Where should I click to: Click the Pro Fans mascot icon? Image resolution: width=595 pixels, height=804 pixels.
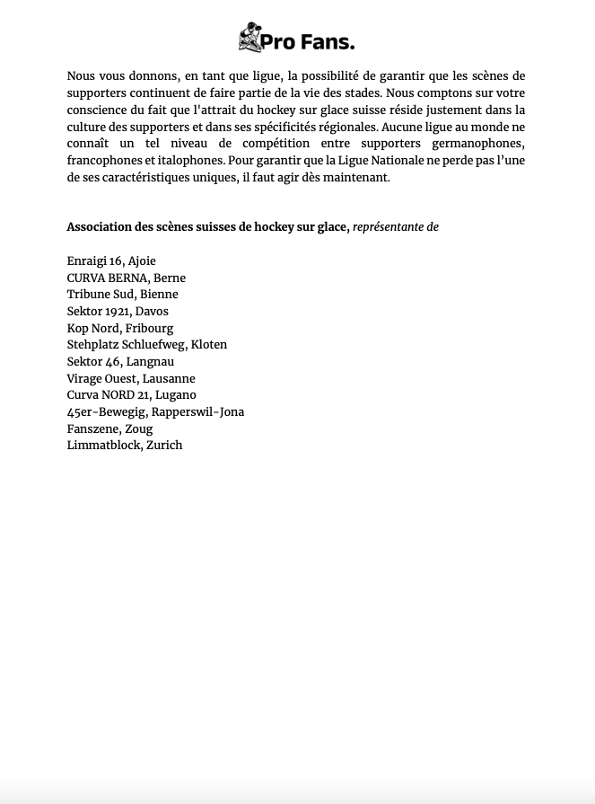click(249, 38)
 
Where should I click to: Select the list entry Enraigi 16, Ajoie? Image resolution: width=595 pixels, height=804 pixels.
click(111, 261)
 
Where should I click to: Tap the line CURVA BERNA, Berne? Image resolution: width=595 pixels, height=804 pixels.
click(127, 278)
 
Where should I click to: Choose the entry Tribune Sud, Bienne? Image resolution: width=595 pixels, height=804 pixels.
click(122, 295)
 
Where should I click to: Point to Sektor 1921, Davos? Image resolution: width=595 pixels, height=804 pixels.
click(118, 312)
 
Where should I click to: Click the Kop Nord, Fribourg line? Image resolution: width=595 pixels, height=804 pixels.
click(120, 329)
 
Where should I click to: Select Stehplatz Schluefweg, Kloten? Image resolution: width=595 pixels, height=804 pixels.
click(147, 345)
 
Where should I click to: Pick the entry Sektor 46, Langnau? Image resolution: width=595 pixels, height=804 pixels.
click(120, 362)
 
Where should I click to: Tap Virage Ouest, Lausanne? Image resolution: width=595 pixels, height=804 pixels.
click(131, 379)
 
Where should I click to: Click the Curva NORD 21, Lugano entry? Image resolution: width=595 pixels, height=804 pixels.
click(132, 395)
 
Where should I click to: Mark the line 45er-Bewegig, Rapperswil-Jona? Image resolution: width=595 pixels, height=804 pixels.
click(155, 412)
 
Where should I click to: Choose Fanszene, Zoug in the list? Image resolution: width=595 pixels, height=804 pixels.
click(109, 429)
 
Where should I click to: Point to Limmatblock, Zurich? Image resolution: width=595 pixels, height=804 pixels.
click(125, 446)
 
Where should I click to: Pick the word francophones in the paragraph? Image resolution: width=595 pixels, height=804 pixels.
click(103, 161)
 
